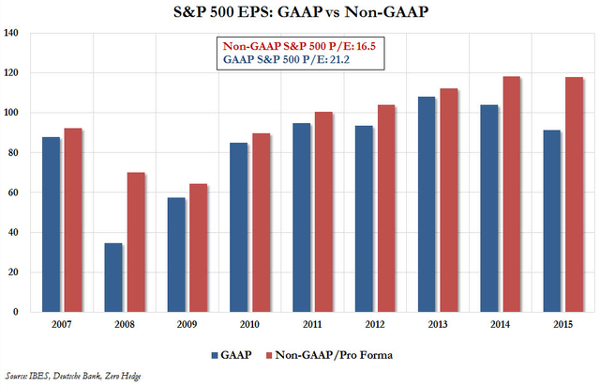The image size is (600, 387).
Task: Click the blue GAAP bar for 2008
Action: pos(114,277)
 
